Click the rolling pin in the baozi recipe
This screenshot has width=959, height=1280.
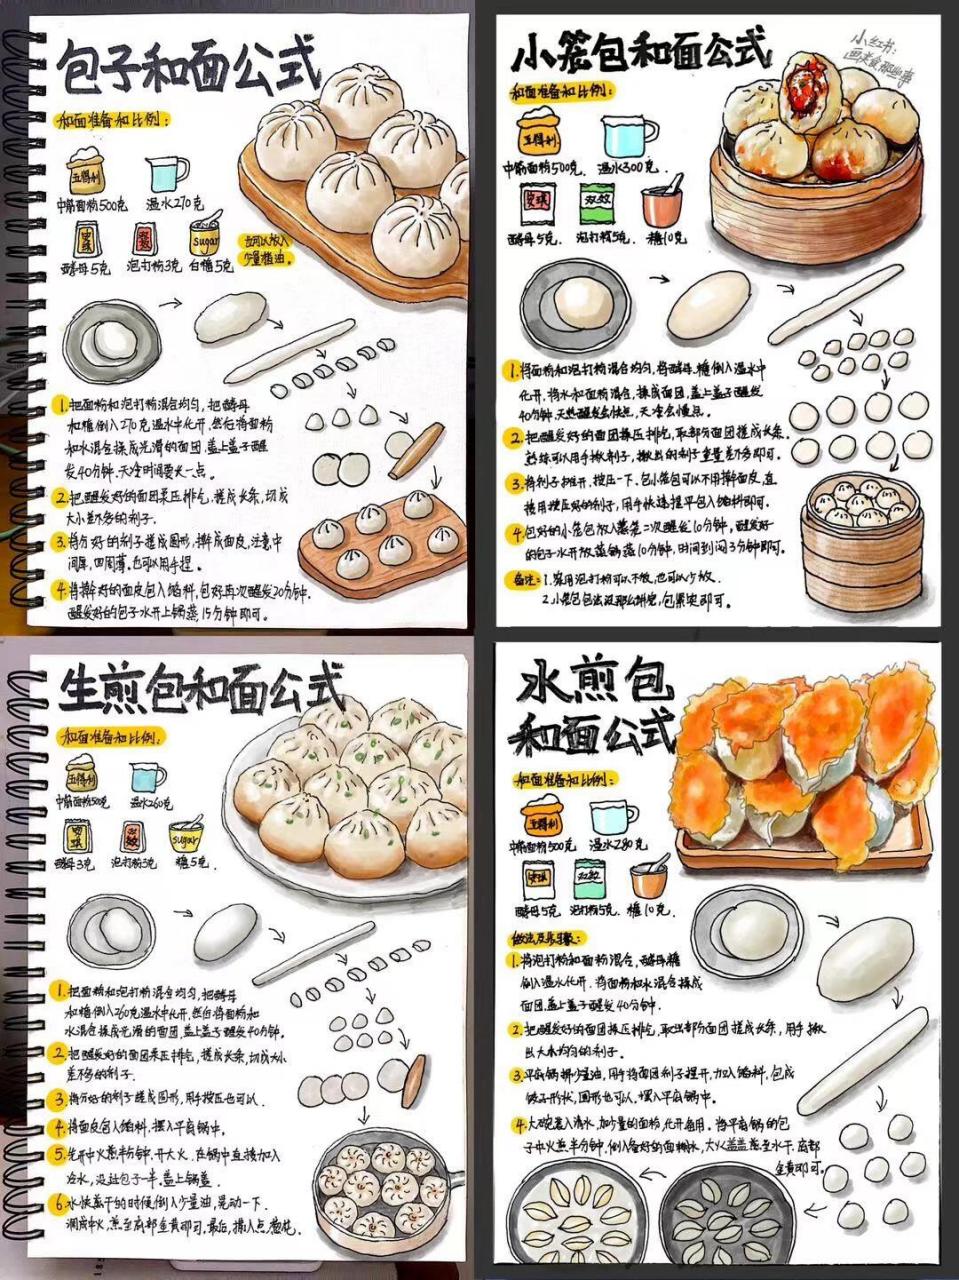coord(415,451)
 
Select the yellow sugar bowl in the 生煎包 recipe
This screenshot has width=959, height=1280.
coord(187,831)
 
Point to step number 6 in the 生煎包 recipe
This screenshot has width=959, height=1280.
coord(61,1201)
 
